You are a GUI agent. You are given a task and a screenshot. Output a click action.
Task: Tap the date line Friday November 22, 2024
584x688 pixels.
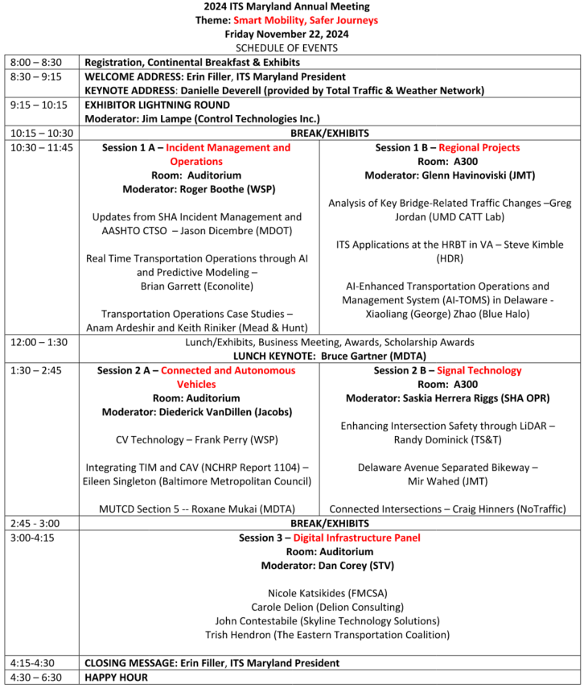291,34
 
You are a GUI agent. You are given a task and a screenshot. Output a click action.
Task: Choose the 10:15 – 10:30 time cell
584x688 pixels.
41,133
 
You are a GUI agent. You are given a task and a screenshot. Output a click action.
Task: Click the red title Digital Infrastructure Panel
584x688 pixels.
356,538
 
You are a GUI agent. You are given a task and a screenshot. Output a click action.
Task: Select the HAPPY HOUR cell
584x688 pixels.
117,677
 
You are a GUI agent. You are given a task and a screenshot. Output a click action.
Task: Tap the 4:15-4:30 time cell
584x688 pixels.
32,663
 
